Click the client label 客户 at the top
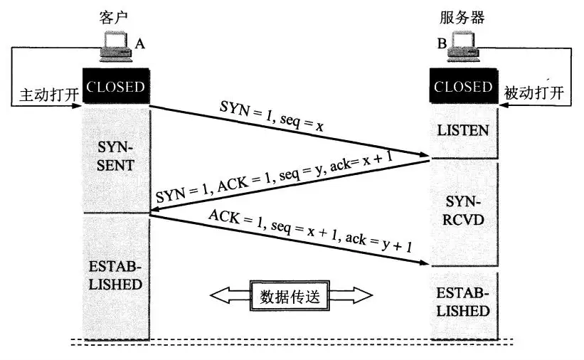tap(115, 16)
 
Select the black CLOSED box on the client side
tap(115, 88)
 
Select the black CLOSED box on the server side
tap(463, 88)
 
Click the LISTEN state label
tap(463, 130)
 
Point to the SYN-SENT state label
tap(115, 156)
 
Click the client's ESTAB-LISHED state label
tap(115, 276)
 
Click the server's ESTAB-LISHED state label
tap(463, 303)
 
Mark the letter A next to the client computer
tap(140, 44)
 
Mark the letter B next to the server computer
tap(442, 44)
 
